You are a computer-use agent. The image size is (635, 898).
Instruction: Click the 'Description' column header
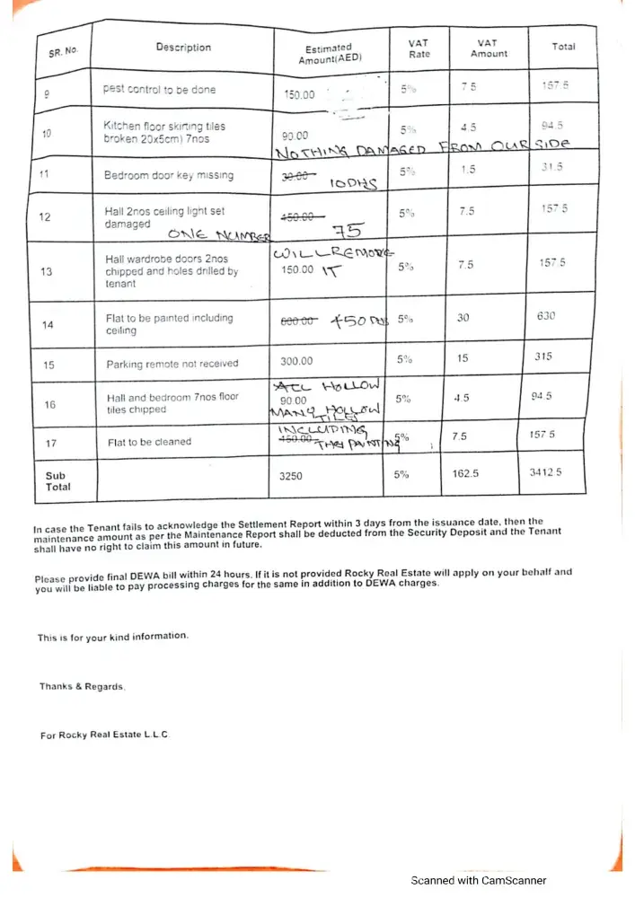(183, 48)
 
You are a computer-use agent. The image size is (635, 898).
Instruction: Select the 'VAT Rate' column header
(419, 48)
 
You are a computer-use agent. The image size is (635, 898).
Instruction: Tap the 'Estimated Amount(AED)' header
(328, 54)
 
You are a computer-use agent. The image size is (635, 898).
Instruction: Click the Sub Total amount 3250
(291, 477)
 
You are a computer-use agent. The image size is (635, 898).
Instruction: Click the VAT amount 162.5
(464, 473)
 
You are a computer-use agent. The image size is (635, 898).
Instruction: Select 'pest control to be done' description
(159, 90)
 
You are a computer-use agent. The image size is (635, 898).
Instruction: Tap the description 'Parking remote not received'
(172, 364)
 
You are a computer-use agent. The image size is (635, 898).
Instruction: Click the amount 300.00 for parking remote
(297, 361)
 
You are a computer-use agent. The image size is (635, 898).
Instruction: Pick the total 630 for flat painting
(546, 316)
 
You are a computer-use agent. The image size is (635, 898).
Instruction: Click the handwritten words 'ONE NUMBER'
(214, 235)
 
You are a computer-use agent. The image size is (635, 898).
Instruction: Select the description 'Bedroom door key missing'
(168, 175)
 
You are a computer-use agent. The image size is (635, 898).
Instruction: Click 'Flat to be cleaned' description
(149, 442)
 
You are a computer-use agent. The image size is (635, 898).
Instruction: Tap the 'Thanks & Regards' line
(83, 687)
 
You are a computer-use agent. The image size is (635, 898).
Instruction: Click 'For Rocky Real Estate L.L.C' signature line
(105, 735)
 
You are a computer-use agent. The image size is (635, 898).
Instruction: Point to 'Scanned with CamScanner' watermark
(478, 881)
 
